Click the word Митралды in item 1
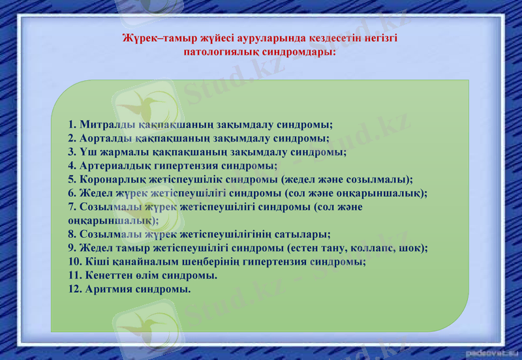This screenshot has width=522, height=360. click(x=107, y=125)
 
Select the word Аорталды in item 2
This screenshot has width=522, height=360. click(x=106, y=138)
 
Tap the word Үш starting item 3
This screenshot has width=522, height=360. click(x=86, y=152)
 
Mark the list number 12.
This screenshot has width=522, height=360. click(x=74, y=289)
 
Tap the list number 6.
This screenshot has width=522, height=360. click(x=72, y=193)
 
